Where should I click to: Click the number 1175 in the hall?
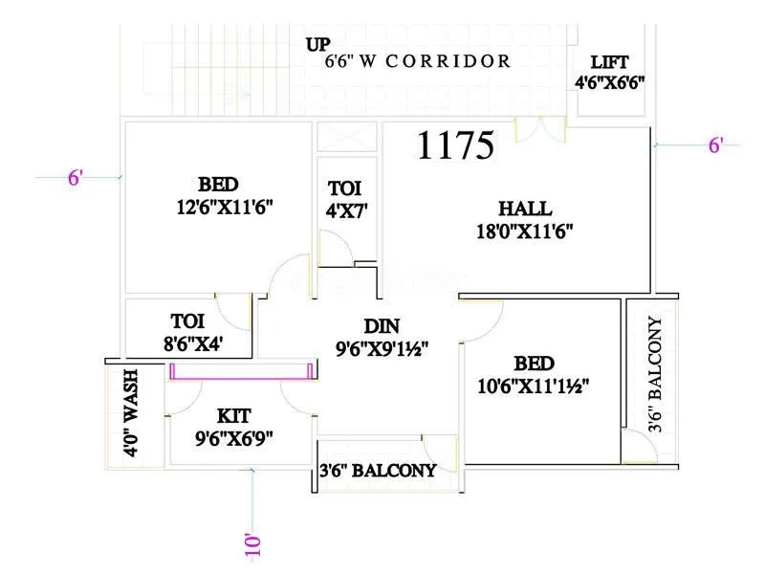coord(455,145)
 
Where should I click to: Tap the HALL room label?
coord(524,209)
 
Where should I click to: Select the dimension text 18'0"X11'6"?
coord(524,230)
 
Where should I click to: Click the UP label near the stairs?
coord(318,44)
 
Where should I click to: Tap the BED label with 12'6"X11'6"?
coord(219,184)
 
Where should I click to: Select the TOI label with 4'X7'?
coord(344,188)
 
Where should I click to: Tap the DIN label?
coord(380,327)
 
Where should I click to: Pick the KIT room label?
coord(235,415)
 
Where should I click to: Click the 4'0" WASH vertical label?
coord(132,413)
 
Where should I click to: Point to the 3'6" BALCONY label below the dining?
coord(378,471)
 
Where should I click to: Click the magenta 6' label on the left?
coord(76,178)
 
